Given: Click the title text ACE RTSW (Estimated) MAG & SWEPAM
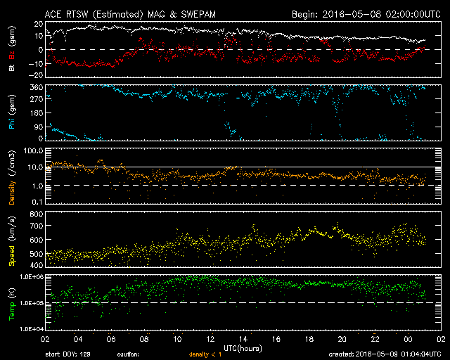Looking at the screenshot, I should coord(124,13).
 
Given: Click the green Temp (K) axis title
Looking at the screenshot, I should coord(12,303).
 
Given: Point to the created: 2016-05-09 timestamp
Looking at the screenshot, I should coord(384,355).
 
